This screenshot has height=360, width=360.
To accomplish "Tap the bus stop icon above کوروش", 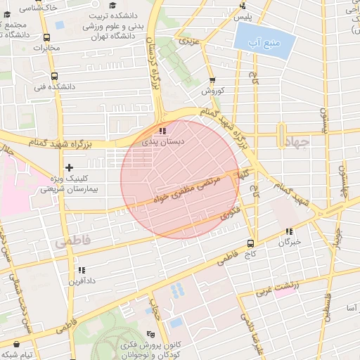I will [212, 81].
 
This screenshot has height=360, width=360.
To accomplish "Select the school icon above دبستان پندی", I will [163, 131].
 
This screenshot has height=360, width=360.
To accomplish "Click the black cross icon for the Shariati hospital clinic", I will [69, 167].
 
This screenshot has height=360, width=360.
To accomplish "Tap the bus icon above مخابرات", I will [46, 38].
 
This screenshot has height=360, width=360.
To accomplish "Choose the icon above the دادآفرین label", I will [82, 270].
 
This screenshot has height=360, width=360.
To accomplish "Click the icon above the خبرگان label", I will [289, 231].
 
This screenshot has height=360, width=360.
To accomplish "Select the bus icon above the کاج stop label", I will [250, 243].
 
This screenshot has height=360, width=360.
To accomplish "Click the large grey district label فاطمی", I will [73, 241].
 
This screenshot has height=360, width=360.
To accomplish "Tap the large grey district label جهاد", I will [302, 141].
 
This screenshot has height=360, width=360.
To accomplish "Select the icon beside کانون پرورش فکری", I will [150, 335].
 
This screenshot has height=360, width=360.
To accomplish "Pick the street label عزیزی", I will [188, 41].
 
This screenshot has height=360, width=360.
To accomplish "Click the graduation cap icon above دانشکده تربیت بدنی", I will [113, 6].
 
